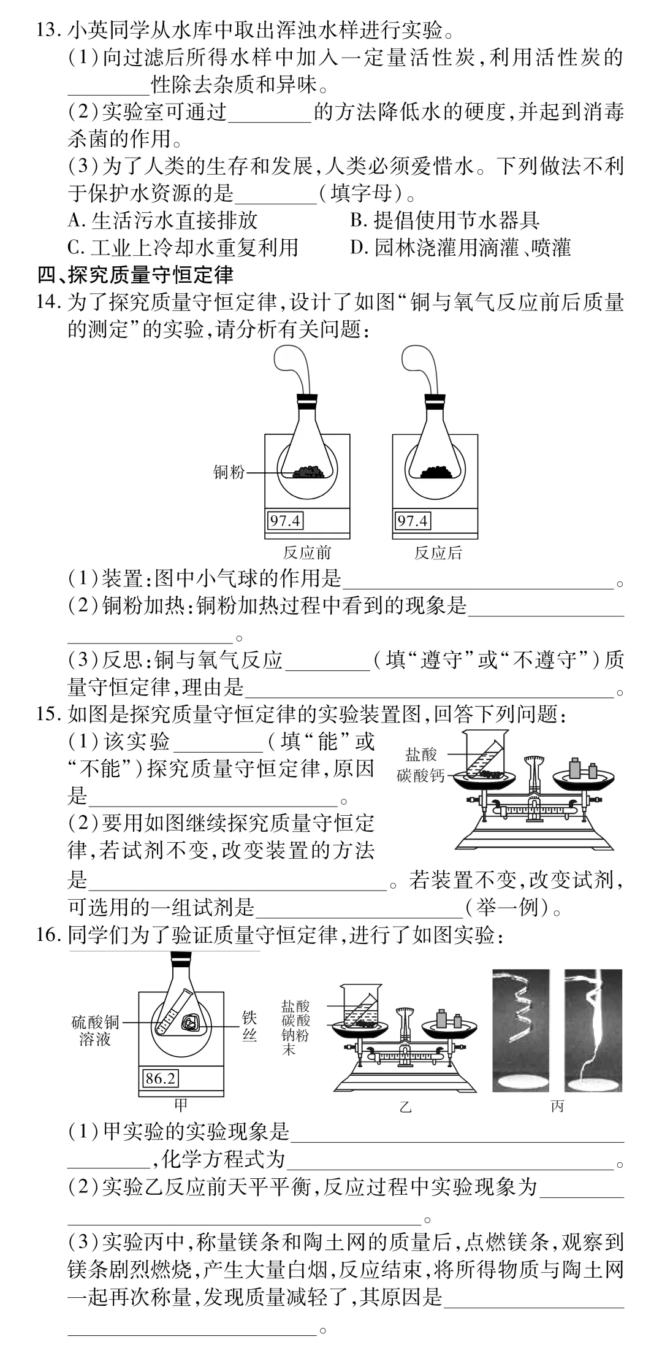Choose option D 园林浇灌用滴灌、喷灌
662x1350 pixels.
point(460,247)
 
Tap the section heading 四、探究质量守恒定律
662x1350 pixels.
point(135,275)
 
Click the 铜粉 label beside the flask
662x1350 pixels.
point(229,472)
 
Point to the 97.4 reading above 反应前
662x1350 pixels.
point(285,521)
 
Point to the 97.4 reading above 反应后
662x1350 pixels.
point(413,521)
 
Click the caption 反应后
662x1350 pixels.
point(438,553)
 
